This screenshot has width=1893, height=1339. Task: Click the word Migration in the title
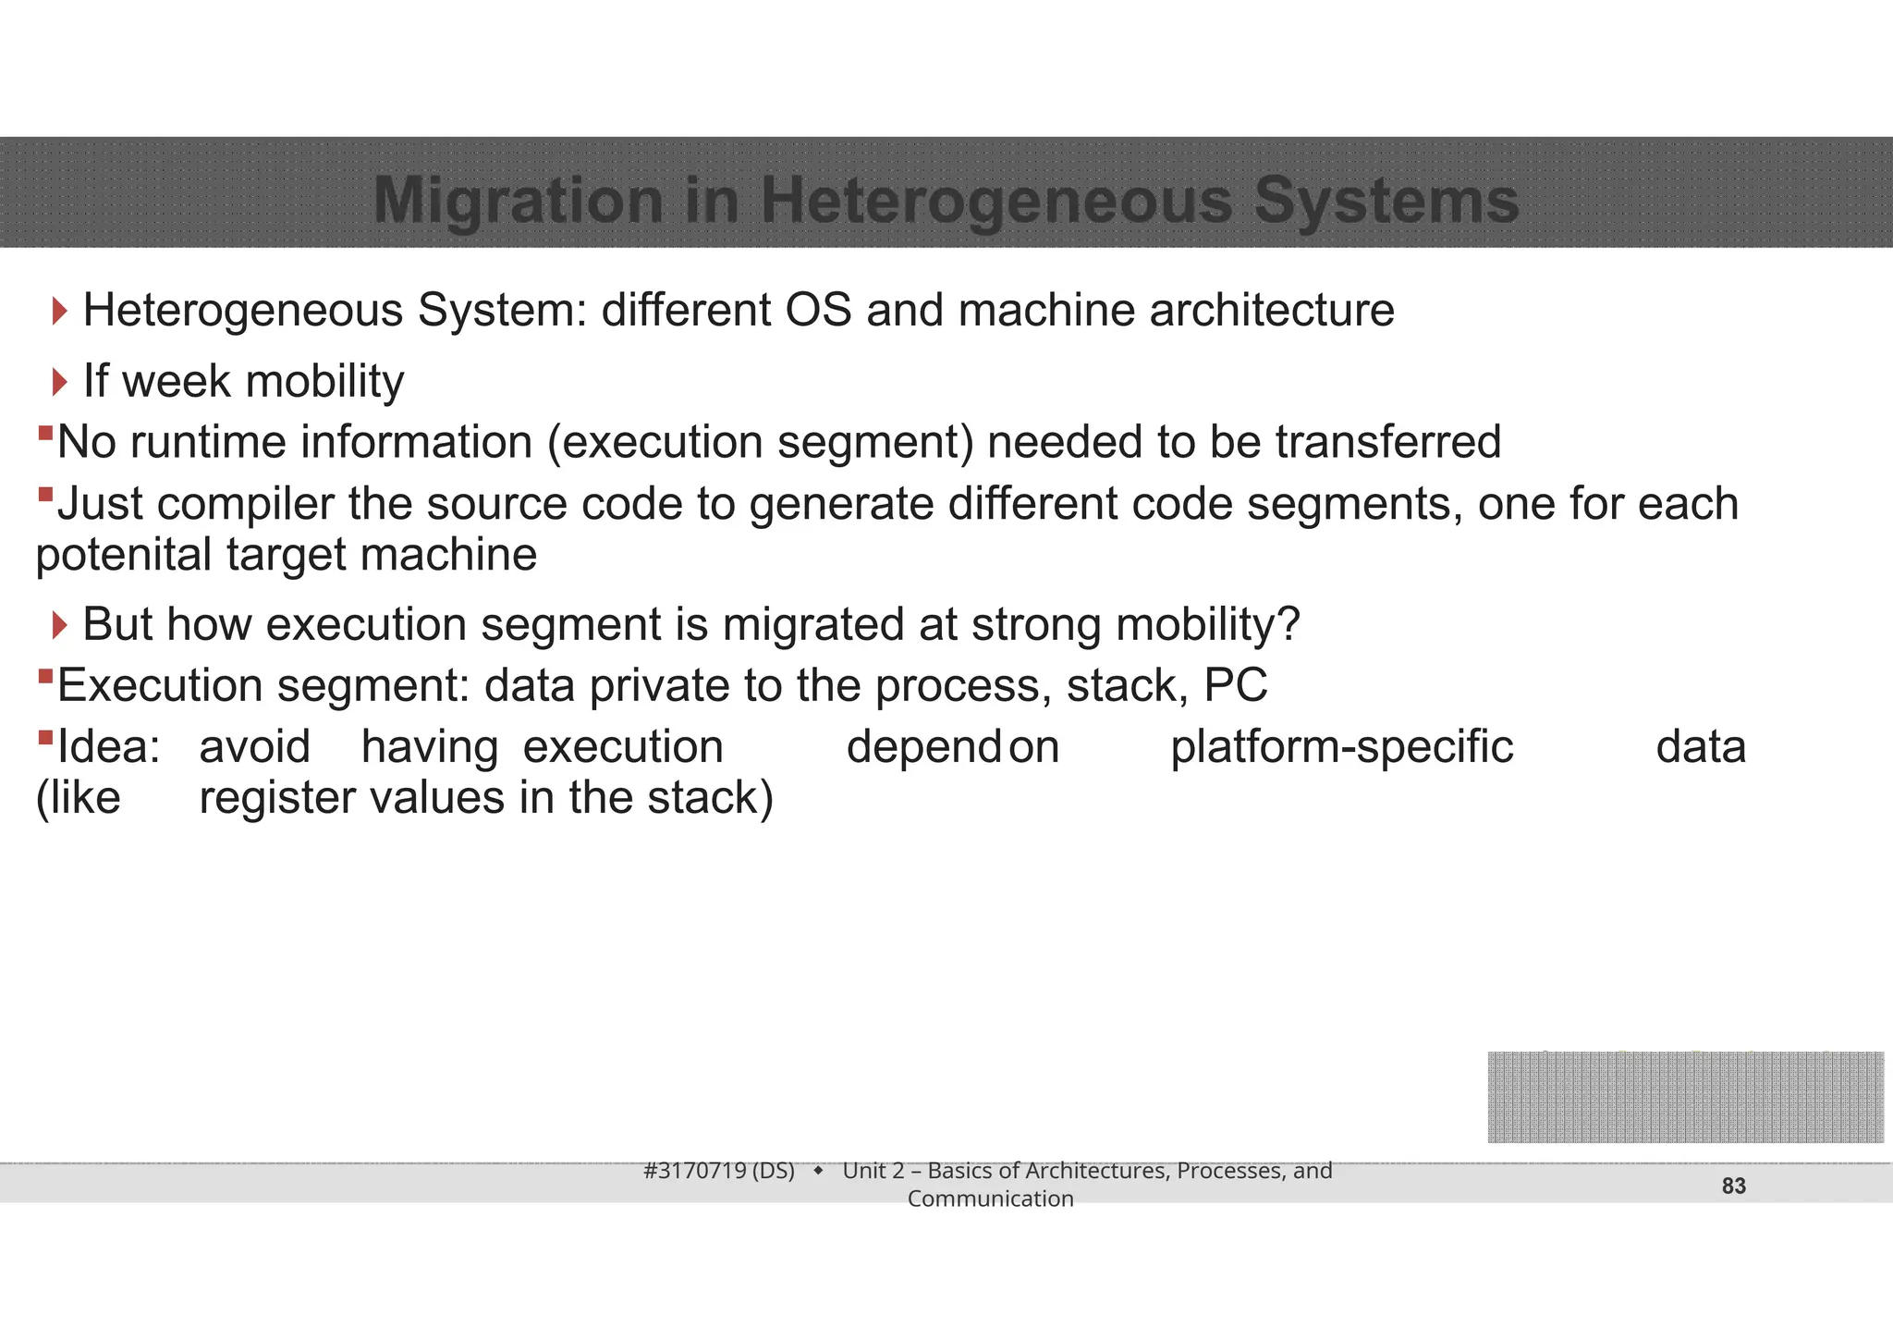pos(518,201)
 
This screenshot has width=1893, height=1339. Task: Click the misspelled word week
pos(176,381)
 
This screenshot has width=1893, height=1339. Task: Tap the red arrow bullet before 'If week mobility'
pos(60,381)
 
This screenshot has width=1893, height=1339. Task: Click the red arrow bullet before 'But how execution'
pos(60,625)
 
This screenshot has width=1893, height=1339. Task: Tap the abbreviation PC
pos(1235,686)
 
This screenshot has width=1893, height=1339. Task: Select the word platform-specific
pos(1341,747)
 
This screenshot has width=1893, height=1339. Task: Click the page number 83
pos(1733,1186)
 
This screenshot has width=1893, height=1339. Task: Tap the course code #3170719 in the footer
pos(695,1171)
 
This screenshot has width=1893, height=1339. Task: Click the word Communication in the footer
pos(990,1199)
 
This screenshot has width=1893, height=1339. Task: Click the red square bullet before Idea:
pos(45,738)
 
